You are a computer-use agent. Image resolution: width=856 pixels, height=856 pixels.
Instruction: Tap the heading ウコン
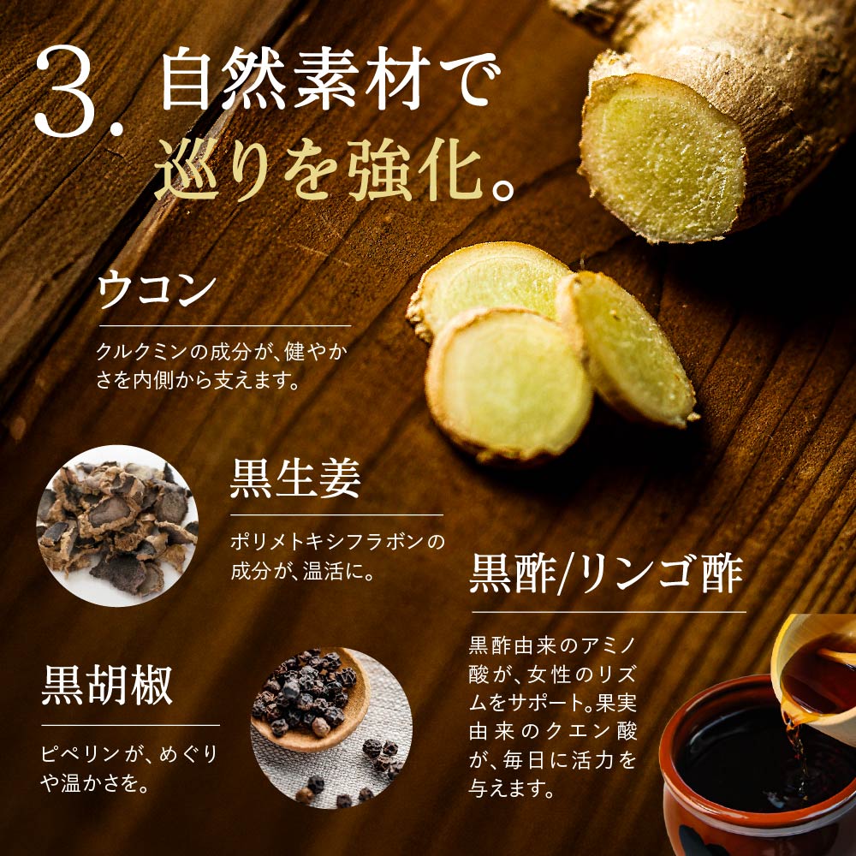[156, 290]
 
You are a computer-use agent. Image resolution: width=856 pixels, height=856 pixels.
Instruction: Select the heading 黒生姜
[294, 480]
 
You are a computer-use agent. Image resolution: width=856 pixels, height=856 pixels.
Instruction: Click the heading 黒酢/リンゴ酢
[605, 574]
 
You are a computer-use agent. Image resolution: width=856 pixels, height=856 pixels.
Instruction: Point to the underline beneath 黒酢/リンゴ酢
[608, 612]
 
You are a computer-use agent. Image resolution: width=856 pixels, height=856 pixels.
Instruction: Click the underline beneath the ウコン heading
[224, 325]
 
